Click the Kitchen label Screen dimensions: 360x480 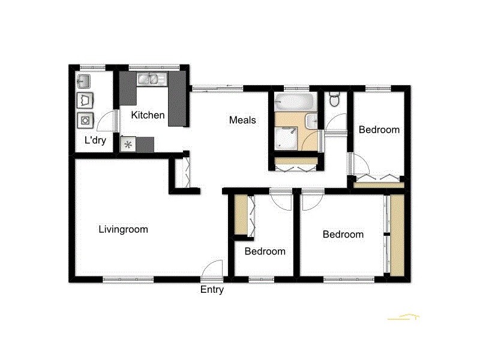[x=148, y=115]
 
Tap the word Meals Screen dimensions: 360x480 [x=242, y=120]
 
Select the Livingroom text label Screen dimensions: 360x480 [x=123, y=229]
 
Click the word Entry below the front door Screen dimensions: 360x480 [x=212, y=290]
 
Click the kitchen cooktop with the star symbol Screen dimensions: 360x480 [x=128, y=144]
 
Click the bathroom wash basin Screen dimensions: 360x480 [x=311, y=122]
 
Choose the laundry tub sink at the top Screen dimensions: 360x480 [x=84, y=80]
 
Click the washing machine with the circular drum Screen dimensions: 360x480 [x=85, y=120]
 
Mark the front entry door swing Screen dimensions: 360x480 [x=212, y=271]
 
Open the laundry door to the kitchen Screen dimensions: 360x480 [x=106, y=122]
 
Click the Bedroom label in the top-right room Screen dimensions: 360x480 [x=379, y=130]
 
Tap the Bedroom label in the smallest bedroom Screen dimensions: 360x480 [x=265, y=251]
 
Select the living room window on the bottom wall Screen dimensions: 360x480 [x=128, y=279]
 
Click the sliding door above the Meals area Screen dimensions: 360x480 [x=218, y=88]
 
